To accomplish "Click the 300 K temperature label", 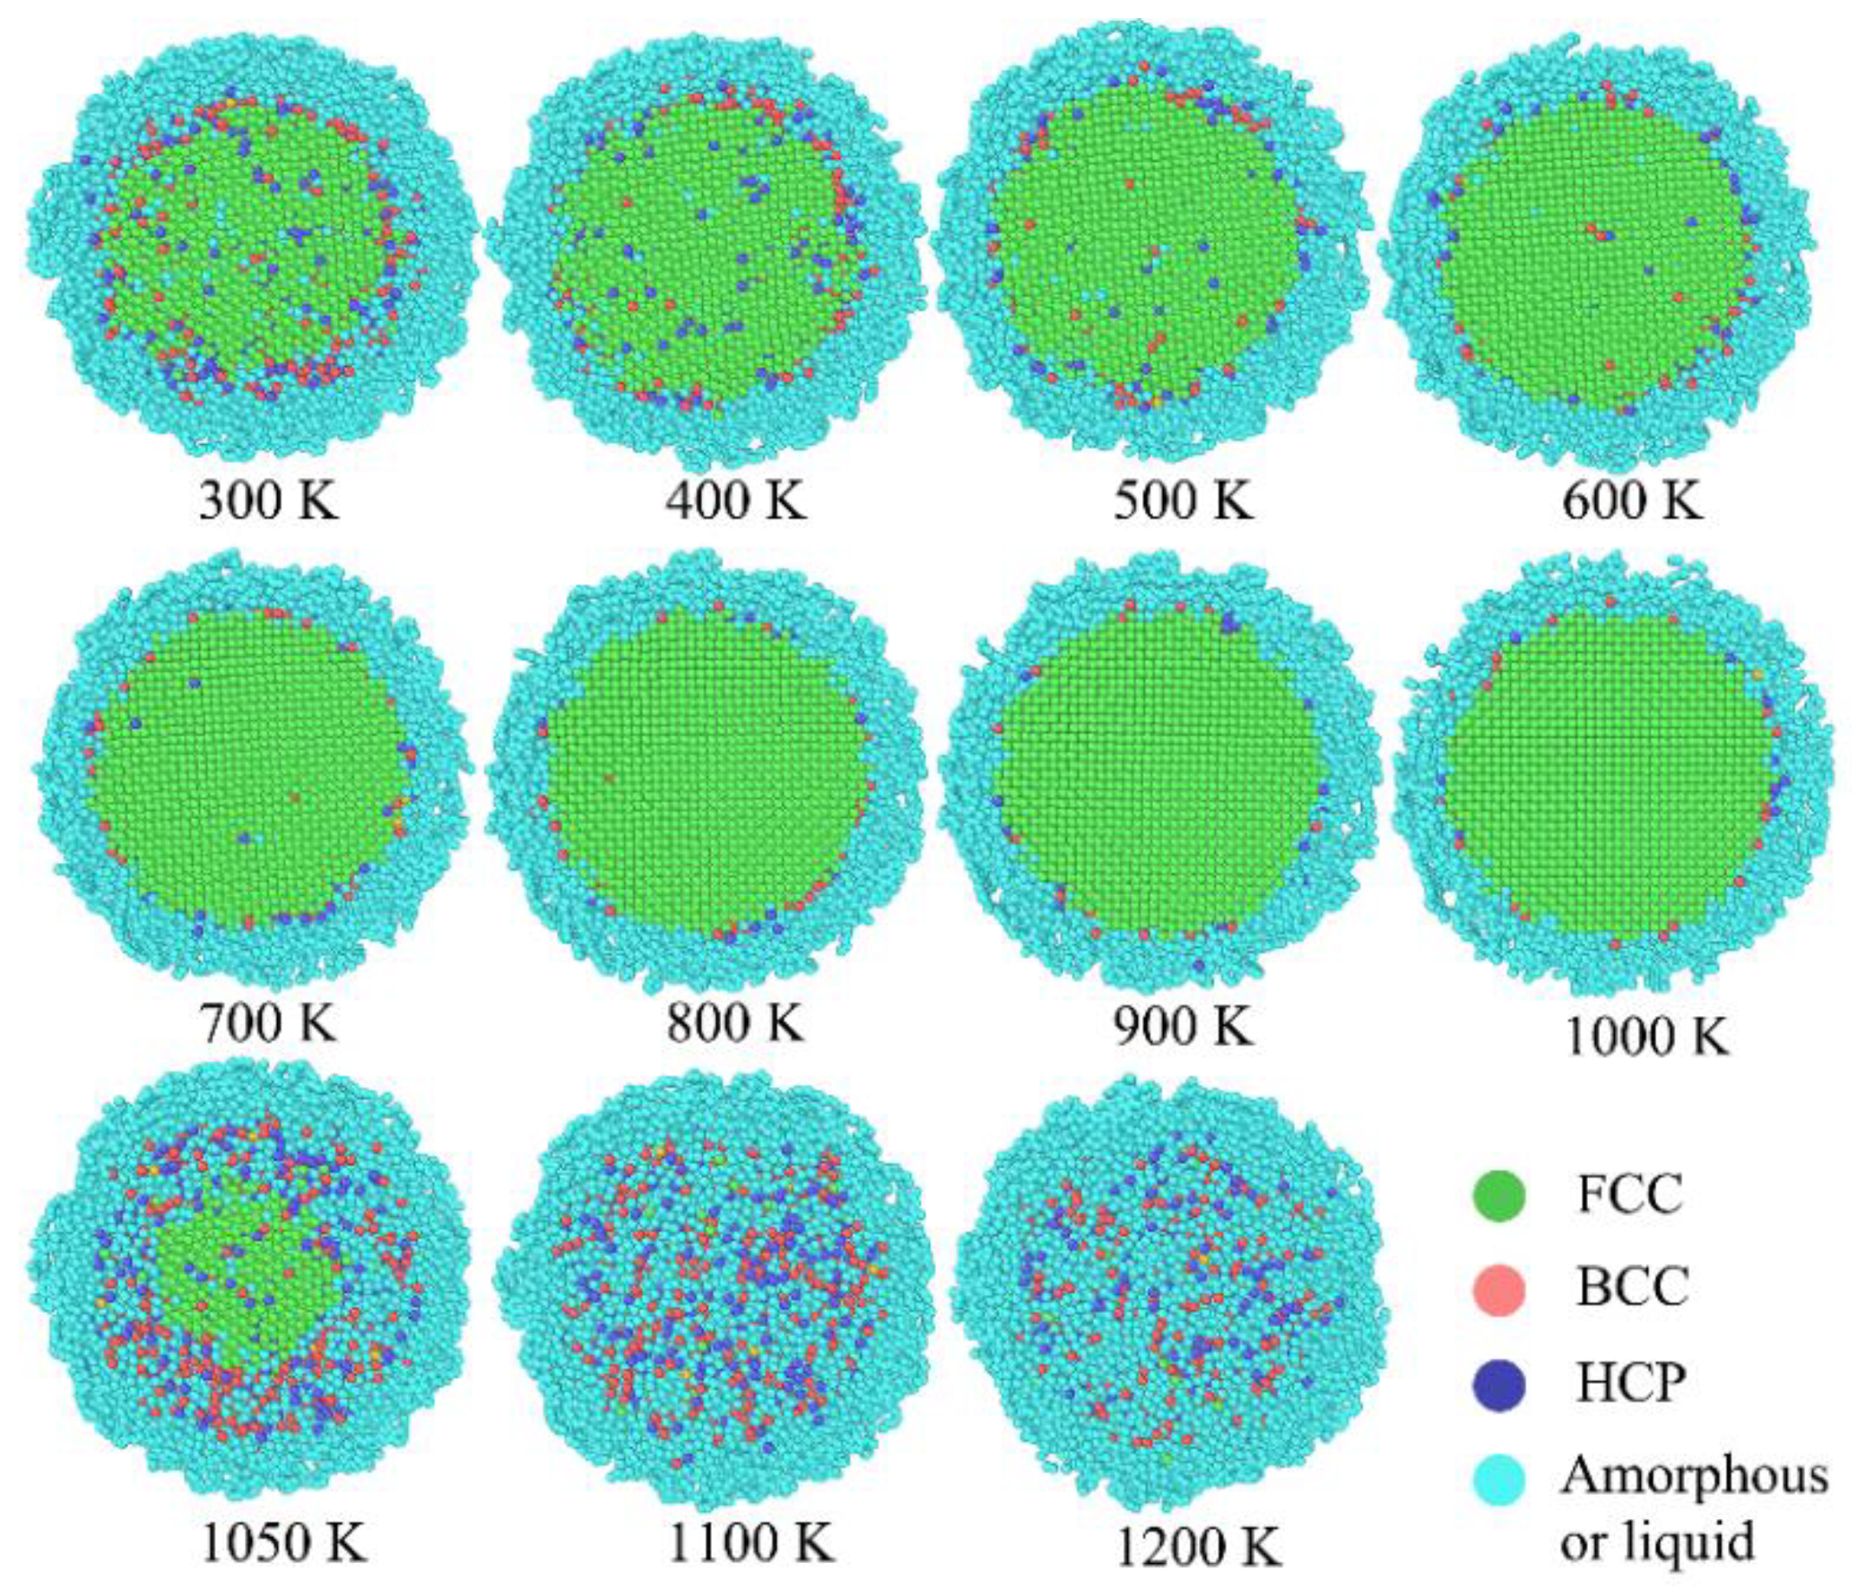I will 269,502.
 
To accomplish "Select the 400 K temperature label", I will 736,502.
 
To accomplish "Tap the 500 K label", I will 1184,502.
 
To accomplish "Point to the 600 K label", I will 1633,502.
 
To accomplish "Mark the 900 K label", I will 1184,1023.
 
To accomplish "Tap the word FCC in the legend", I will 1630,1195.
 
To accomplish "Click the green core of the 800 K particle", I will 707,769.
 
